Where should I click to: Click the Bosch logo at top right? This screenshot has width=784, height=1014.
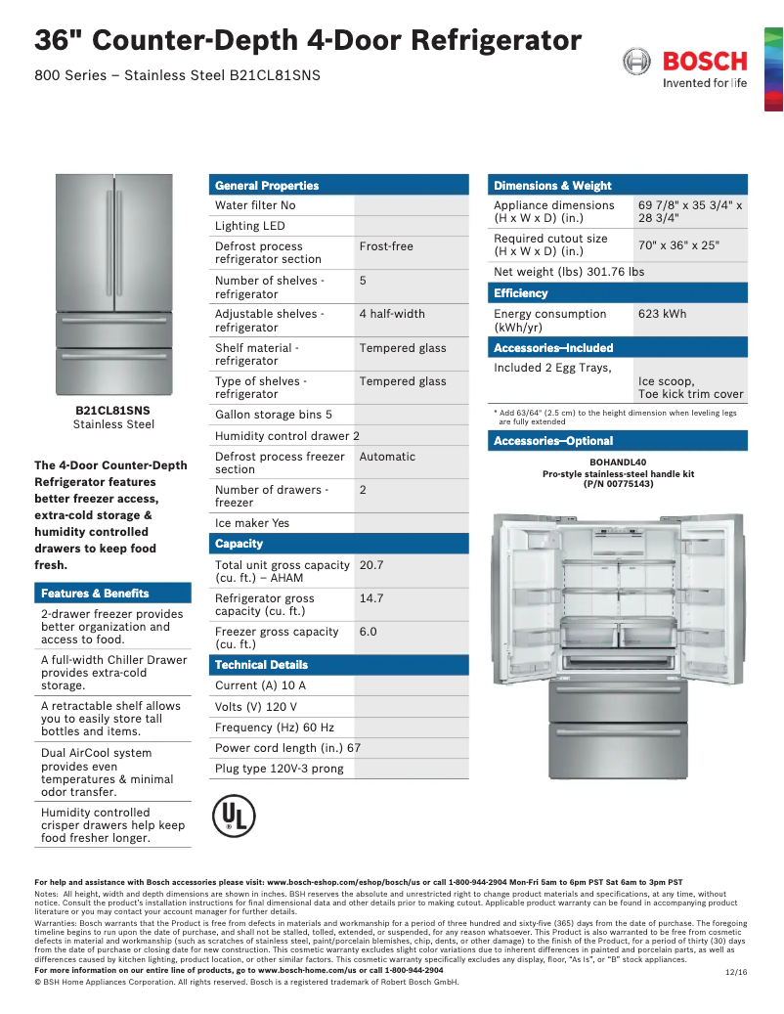coord(684,68)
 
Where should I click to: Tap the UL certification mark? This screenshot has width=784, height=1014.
coord(234,815)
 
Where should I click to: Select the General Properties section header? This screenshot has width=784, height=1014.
coord(267,185)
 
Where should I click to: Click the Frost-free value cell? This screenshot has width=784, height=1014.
coord(386,246)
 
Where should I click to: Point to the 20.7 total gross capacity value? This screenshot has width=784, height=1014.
coord(371,565)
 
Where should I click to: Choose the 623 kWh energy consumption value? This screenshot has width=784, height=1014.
coord(662,314)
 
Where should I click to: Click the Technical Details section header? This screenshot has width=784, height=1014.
coord(261,665)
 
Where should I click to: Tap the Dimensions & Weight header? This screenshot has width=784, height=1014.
coord(552,185)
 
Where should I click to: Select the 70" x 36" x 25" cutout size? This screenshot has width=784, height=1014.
coord(678,245)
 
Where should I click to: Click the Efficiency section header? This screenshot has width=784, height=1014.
coord(521,293)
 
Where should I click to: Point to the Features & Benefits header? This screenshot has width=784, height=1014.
coord(95,594)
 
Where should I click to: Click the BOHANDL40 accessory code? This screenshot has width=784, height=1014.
coord(618,463)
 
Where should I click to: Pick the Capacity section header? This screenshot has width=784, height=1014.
coord(240,544)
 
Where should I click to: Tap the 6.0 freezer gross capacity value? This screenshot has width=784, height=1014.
coord(368,632)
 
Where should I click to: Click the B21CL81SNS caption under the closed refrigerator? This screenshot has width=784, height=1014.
coord(113,411)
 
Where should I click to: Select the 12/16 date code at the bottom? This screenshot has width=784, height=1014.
coord(735,972)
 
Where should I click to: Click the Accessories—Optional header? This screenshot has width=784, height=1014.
coord(553,441)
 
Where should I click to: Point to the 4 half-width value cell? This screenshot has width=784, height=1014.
coord(392,314)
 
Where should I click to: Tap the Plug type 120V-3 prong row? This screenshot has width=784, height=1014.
coord(280,769)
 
